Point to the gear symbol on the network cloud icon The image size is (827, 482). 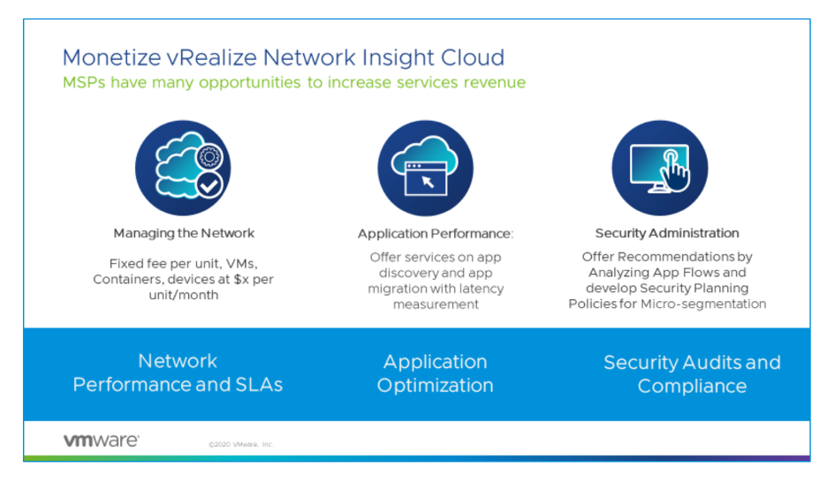[x=210, y=158]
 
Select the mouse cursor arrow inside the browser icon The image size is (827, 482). [x=429, y=182]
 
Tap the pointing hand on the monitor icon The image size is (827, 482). [x=676, y=168]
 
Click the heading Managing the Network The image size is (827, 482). [x=184, y=234]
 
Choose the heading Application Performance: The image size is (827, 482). [x=436, y=234]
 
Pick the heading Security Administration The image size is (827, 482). [x=667, y=234]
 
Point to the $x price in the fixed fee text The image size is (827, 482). [x=242, y=279]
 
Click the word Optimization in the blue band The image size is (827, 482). [x=436, y=386]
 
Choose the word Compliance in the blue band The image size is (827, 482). [x=692, y=387]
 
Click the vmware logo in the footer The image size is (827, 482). [x=101, y=441]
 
